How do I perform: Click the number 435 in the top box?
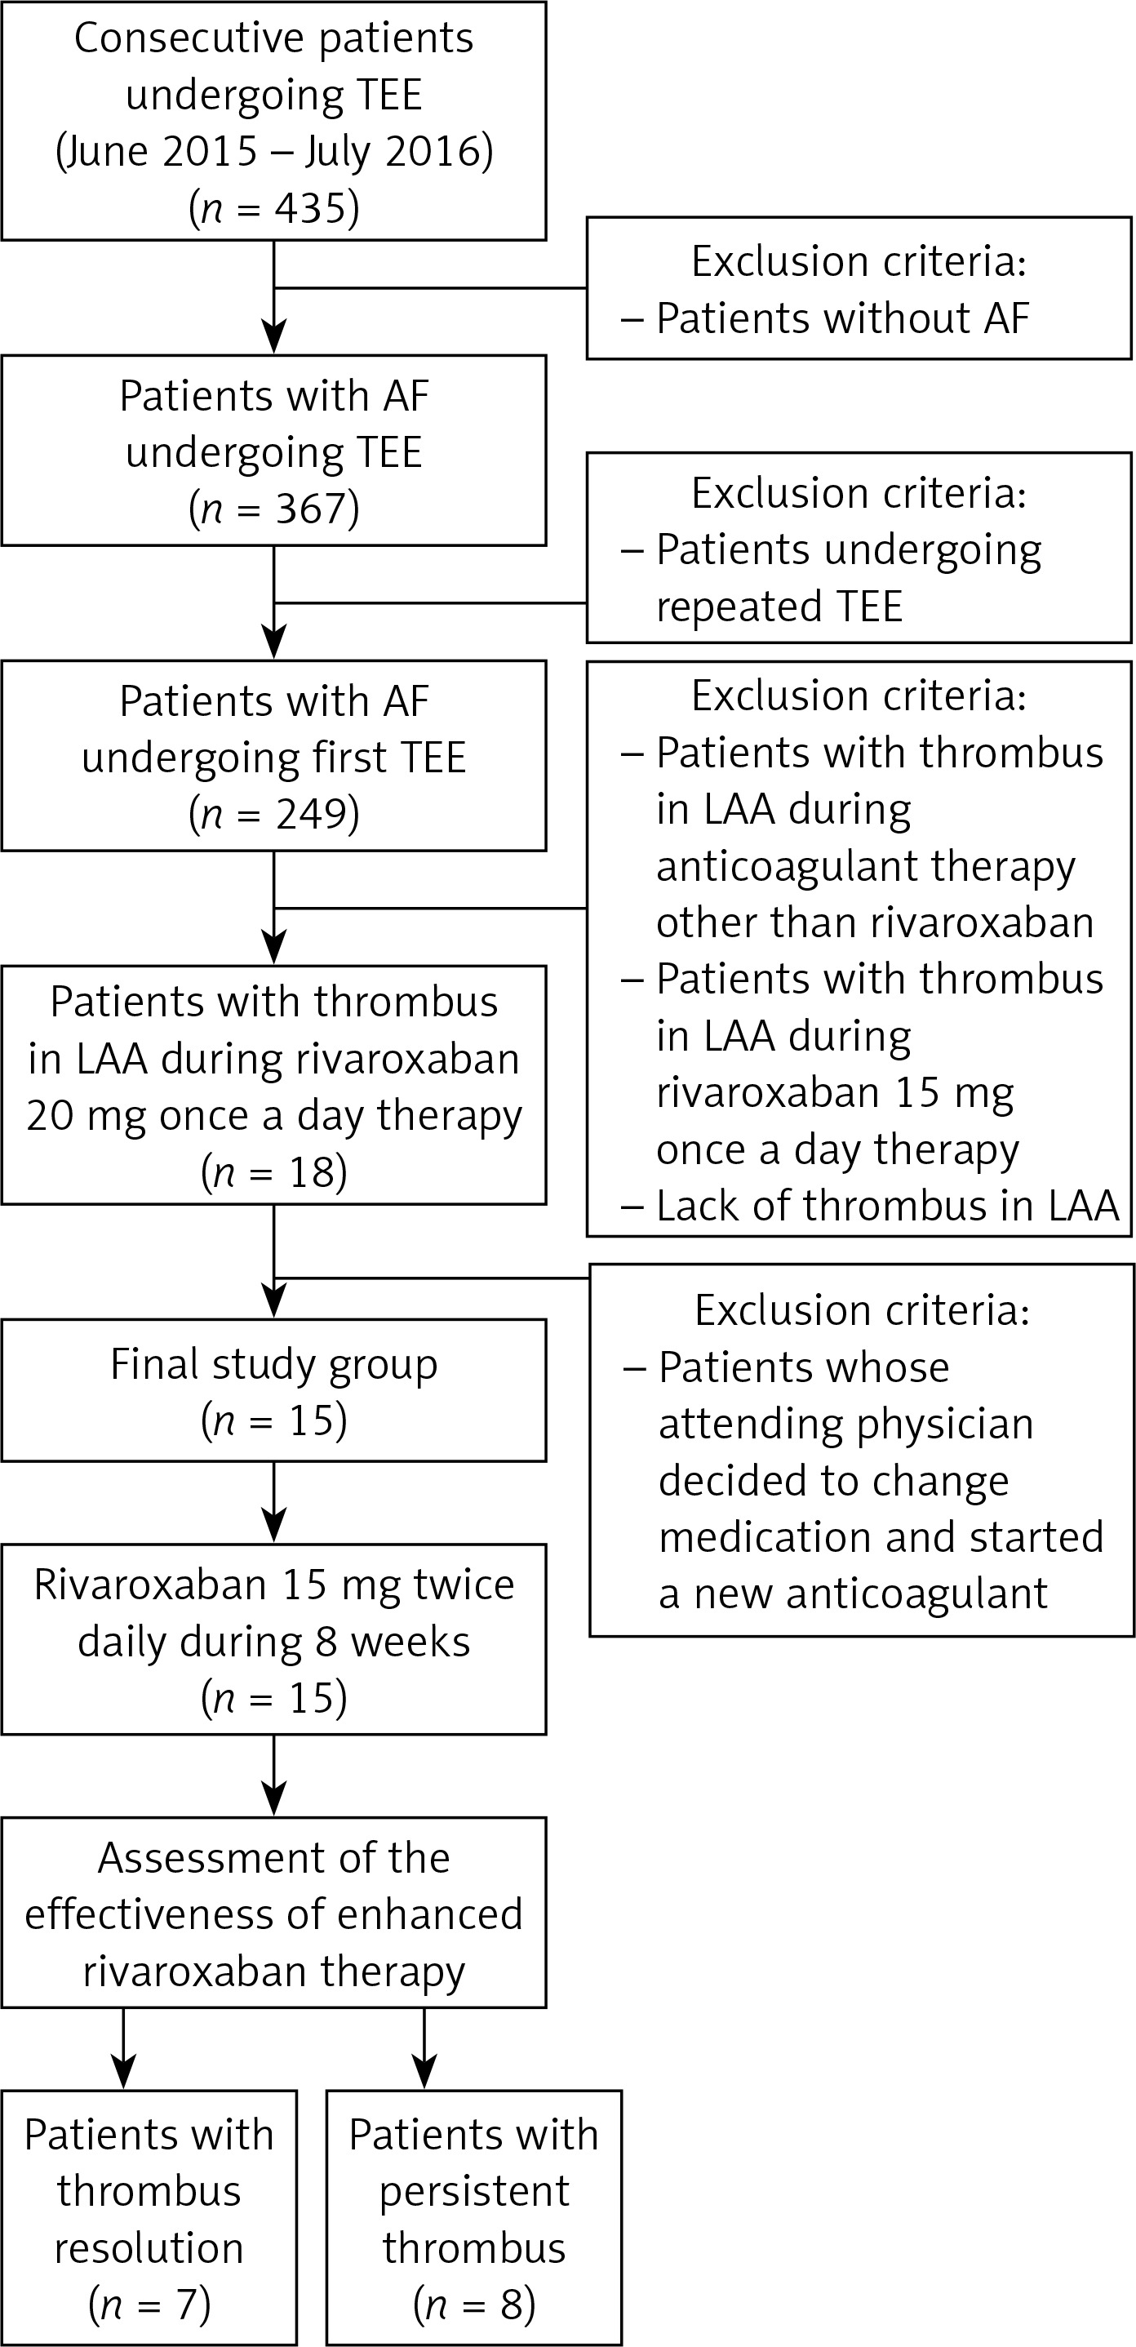(x=311, y=207)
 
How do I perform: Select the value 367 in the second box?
(x=311, y=509)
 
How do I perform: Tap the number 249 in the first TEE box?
(x=311, y=814)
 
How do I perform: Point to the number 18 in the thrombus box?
(x=312, y=1171)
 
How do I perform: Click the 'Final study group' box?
(x=274, y=1390)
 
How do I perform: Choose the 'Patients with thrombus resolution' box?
(x=149, y=2216)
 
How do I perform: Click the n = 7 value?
(x=149, y=2305)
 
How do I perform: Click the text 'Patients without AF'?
(x=843, y=318)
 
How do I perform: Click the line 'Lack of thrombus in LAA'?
(x=887, y=1206)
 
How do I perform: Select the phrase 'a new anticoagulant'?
(x=854, y=1594)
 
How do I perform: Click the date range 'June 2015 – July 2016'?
(x=274, y=151)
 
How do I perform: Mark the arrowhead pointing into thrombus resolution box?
(x=123, y=2072)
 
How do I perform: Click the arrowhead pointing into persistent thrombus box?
(x=424, y=2072)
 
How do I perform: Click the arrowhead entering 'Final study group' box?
(x=274, y=1301)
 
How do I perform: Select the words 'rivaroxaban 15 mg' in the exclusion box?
(x=836, y=1092)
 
